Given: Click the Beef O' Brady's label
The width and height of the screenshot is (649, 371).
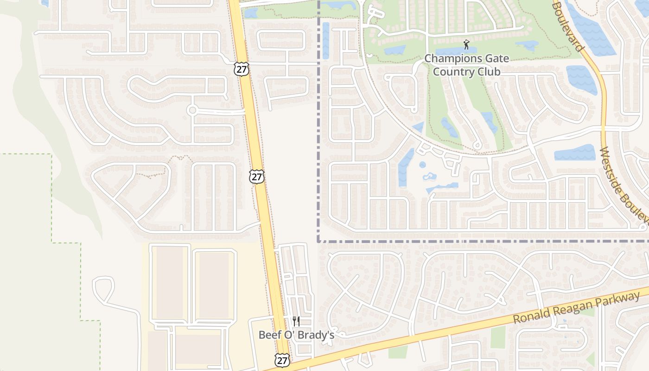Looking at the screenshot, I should click(296, 334).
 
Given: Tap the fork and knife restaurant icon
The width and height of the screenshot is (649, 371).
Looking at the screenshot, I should click(296, 321).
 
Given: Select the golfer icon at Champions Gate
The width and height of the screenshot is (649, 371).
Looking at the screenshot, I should click(466, 45).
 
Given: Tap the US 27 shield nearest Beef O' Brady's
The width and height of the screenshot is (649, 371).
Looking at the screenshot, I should click(282, 360).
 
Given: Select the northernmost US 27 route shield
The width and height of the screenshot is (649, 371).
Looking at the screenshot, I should click(242, 69).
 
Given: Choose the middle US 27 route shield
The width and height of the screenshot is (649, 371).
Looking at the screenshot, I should click(256, 176).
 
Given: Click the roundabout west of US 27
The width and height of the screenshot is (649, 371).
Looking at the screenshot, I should click(192, 110).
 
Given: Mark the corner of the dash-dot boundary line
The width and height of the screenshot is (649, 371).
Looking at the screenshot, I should click(318, 241).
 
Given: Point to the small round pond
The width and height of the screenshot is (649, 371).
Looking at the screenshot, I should click(422, 165).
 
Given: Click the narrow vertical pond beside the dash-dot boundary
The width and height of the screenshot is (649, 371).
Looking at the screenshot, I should click(325, 40).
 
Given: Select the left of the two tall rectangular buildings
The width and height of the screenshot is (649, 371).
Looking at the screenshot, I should click(170, 282).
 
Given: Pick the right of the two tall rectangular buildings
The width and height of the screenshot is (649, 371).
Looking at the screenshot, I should click(214, 284).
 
